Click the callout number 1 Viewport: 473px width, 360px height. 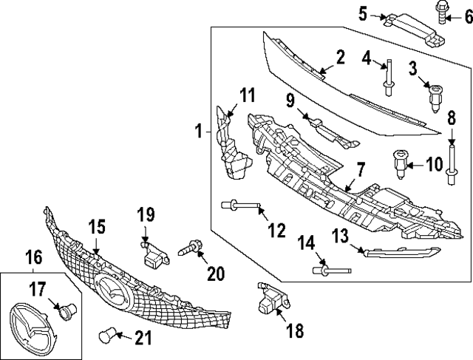(199, 132)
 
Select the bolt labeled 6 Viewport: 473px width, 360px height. (438, 13)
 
